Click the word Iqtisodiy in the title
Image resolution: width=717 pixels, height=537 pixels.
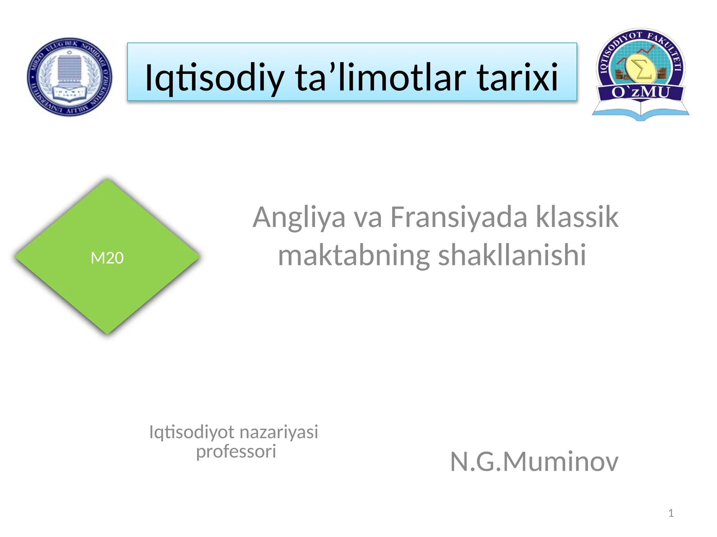[215, 77]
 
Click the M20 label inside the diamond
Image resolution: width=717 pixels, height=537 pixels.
[107, 258]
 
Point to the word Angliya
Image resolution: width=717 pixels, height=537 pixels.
[299, 218]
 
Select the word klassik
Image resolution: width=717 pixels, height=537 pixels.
[577, 217]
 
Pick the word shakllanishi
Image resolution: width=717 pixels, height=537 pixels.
[512, 256]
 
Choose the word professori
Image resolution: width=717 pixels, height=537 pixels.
[236, 452]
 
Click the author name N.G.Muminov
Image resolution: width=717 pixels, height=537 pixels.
[534, 461]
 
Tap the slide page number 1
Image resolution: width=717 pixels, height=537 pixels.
[671, 513]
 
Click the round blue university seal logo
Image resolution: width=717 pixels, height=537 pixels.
[70, 77]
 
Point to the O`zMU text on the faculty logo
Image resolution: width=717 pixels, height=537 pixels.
[640, 93]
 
